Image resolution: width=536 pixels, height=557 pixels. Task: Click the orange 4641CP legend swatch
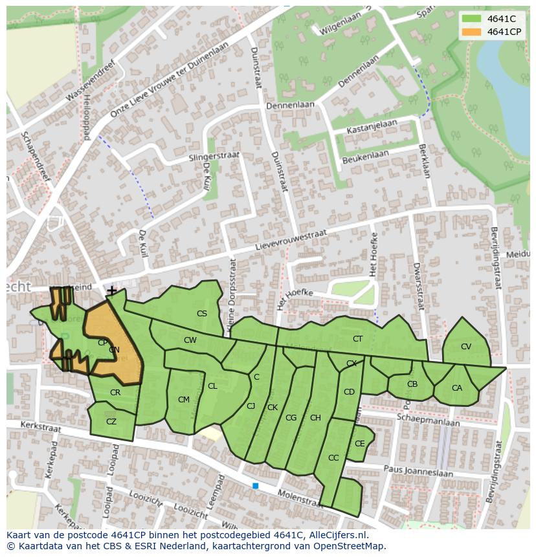(x=471, y=32)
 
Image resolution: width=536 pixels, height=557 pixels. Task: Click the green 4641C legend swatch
(x=471, y=19)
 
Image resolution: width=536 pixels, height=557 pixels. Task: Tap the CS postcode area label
(x=202, y=314)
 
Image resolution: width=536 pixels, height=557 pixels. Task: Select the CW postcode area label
(x=190, y=340)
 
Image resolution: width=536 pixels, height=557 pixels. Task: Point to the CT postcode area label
(x=357, y=338)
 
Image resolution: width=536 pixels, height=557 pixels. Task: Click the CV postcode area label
(x=465, y=347)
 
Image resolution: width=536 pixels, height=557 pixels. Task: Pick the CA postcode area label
(x=456, y=388)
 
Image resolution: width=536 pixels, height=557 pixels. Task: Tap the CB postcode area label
(x=412, y=384)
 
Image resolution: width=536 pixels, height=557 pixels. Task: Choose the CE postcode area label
(x=359, y=444)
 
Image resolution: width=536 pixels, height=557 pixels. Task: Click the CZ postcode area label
(x=111, y=422)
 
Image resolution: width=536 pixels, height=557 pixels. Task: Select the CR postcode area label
(x=115, y=393)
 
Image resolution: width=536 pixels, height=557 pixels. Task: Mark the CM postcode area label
(x=184, y=400)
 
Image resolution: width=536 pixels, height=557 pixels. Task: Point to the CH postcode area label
(x=315, y=418)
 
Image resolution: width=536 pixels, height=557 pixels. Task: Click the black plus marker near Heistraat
(x=112, y=291)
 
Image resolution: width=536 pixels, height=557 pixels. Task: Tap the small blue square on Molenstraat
(x=256, y=485)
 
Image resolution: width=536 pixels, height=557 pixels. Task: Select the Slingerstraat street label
(x=214, y=157)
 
